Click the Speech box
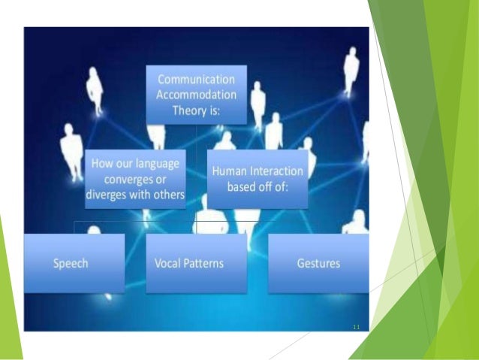pyautogui.click(x=74, y=264)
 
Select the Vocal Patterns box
pyautogui.click(x=195, y=264)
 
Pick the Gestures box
pyautogui.click(x=318, y=264)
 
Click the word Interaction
pyautogui.click(x=276, y=171)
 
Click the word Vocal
pyautogui.click(x=168, y=264)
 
